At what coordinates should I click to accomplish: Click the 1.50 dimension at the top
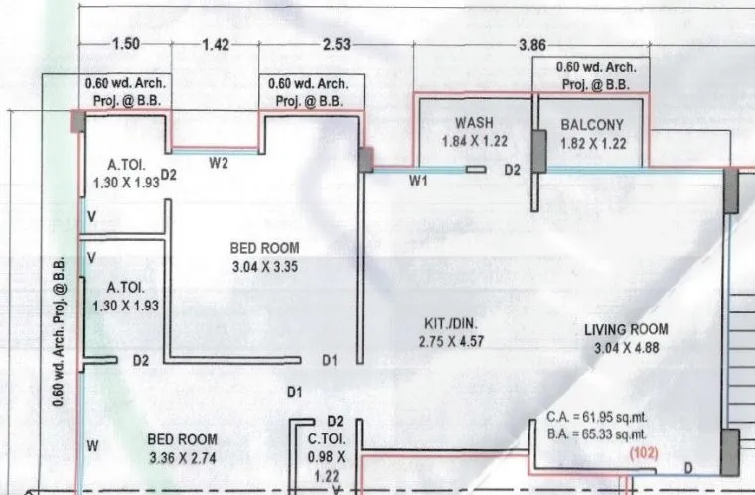point(125,44)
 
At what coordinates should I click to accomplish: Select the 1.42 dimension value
point(215,44)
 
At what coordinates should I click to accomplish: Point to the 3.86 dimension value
point(533,46)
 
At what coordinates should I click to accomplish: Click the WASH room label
point(474,123)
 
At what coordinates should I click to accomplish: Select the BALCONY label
point(592,125)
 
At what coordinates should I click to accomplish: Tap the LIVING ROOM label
point(626,329)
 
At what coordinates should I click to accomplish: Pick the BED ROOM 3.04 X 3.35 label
point(264,248)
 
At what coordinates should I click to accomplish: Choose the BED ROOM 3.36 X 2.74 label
point(182,438)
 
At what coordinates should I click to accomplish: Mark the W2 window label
point(219,164)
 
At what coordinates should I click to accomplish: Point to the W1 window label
point(418,181)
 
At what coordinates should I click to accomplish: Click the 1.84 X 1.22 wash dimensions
point(474,142)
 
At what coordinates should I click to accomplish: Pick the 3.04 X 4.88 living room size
point(626,347)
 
